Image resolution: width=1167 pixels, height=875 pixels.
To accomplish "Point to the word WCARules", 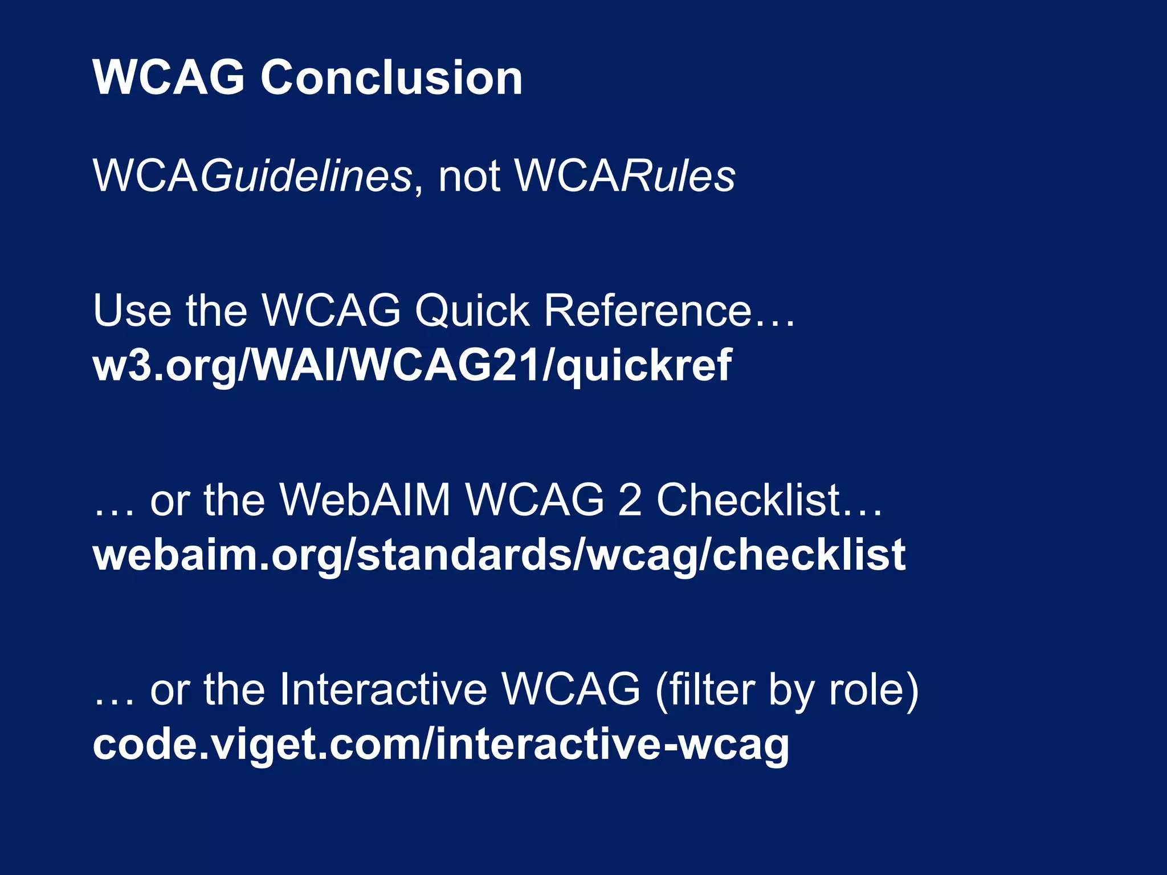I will [625, 175].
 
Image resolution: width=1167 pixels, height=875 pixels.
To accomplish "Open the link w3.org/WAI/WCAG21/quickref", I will [412, 366].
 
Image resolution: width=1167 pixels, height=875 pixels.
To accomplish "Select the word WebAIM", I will [365, 500].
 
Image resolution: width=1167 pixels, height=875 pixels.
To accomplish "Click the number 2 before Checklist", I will [630, 500].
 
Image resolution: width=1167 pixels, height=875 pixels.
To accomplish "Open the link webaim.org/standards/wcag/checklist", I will [499, 555].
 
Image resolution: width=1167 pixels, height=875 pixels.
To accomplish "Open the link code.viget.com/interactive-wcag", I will [441, 745].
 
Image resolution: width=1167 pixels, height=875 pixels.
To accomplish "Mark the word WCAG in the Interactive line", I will [572, 690].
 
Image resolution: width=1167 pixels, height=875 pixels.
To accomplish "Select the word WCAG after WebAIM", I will [534, 500].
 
